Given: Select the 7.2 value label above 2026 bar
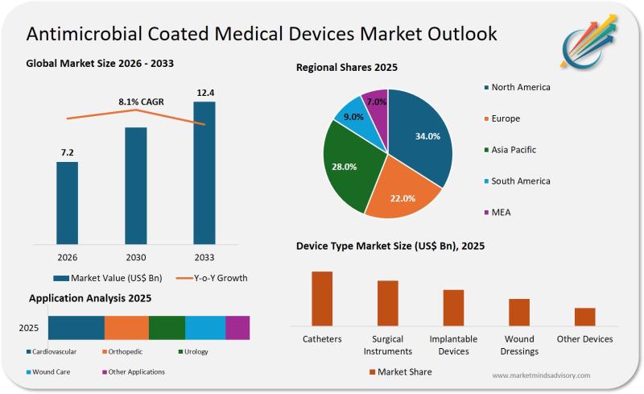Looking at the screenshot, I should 67,152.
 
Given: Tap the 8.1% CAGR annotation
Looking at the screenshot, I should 141,102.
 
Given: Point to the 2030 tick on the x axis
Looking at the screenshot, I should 135,257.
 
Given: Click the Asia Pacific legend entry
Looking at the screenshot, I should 513,150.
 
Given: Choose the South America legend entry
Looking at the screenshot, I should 520,181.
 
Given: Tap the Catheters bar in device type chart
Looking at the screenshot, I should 322,298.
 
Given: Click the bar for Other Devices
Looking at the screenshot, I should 585,316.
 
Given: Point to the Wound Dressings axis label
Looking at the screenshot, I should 518,345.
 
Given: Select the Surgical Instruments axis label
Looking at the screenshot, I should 387,345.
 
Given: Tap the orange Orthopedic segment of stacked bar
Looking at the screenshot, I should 126,327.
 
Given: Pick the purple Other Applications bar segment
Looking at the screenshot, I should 237,327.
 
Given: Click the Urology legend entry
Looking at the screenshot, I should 196,351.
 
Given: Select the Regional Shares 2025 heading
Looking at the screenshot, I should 347,68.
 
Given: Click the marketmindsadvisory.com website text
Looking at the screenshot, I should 541,375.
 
